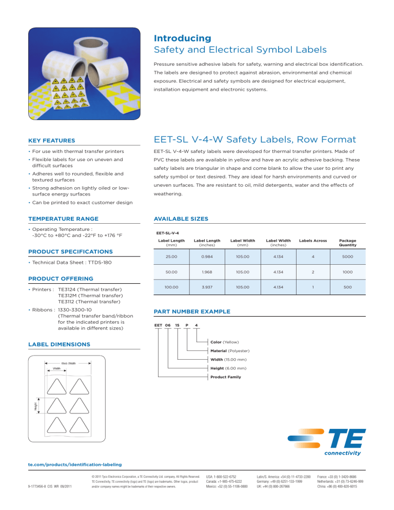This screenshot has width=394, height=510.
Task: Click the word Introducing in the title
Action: pyautogui.click(x=182, y=38)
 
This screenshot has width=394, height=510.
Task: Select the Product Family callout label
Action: pyautogui.click(x=227, y=377)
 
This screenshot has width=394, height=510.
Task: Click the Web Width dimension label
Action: pyautogui.click(x=68, y=363)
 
